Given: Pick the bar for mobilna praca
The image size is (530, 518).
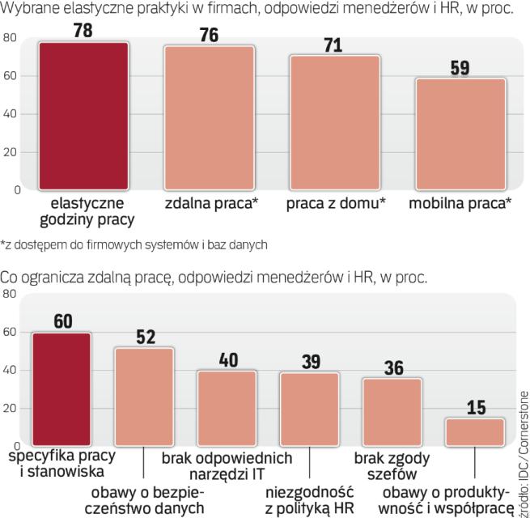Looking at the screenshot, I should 461,134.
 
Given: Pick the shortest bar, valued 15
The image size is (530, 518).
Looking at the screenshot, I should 476,432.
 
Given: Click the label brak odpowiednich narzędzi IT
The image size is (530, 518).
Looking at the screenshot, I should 227,465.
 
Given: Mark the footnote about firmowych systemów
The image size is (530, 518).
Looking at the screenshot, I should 134,242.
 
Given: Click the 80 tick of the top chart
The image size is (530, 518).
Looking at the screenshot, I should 10,38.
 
